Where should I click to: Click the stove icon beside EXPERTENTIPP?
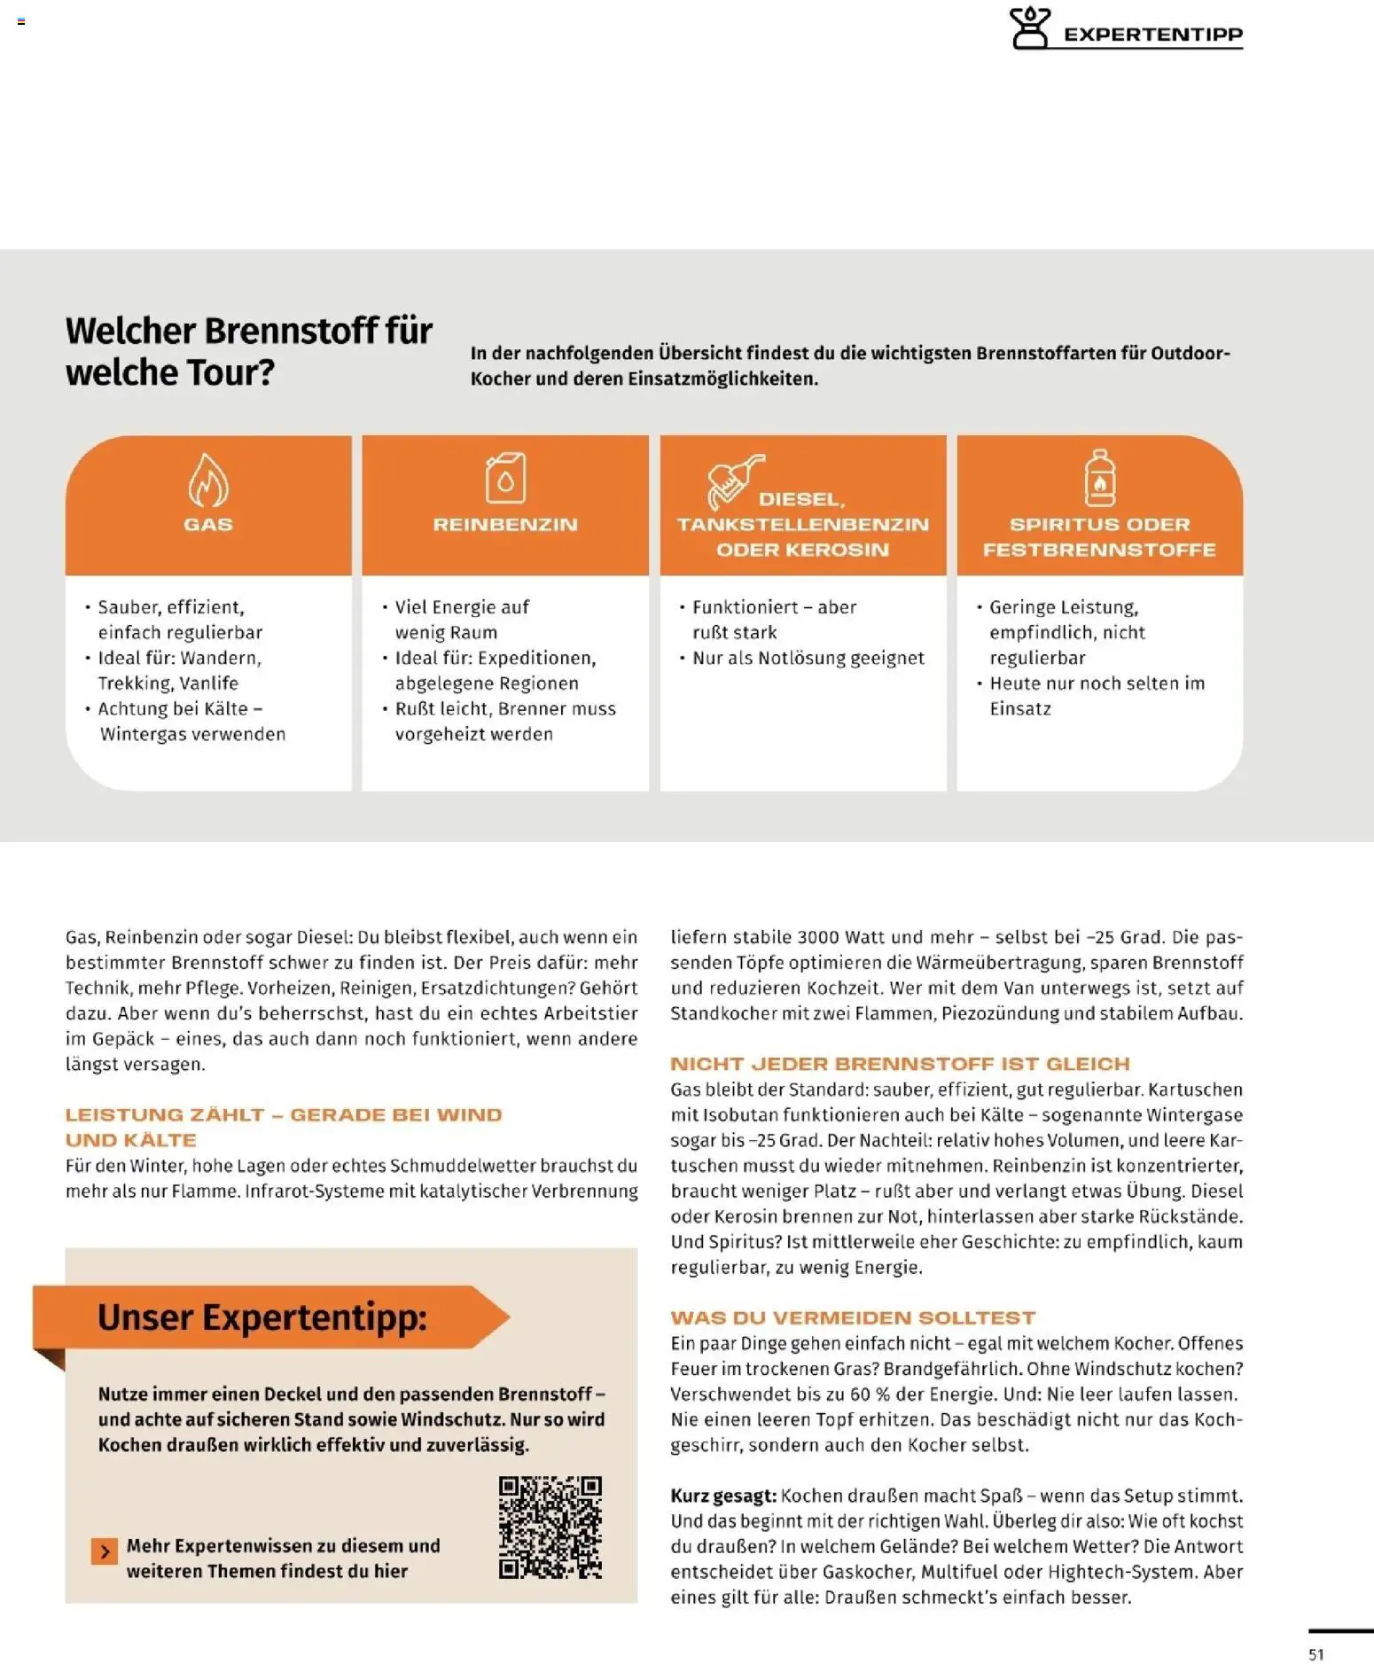[1030, 28]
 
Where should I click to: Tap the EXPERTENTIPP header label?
[1152, 35]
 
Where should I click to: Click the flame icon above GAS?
[208, 480]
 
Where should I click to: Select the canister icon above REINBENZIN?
[505, 478]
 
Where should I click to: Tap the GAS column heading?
[208, 524]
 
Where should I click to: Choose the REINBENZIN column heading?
[505, 524]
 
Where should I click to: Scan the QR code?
[550, 1527]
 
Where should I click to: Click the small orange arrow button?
[105, 1551]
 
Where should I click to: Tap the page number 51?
[1315, 1654]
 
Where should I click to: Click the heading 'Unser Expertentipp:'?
[262, 1317]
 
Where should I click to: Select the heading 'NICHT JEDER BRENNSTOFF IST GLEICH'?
[900, 1064]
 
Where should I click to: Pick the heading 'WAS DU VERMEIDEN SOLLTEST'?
[853, 1317]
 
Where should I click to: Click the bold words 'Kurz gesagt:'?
[723, 1496]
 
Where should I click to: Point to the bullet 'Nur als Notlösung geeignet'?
[808, 658]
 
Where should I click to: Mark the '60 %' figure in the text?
[870, 1394]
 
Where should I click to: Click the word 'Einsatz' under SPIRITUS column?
[1020, 708]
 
